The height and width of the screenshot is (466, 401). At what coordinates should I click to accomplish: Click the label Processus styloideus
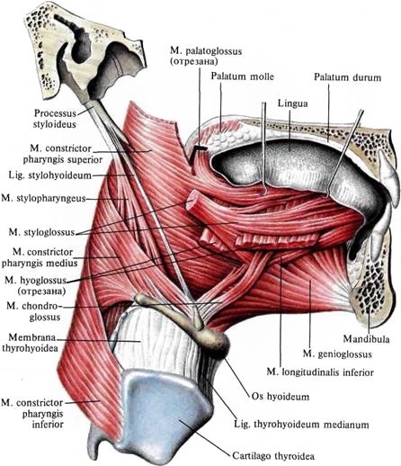pyautogui.click(x=55, y=119)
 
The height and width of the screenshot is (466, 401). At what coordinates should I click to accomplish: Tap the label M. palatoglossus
pyautogui.click(x=206, y=51)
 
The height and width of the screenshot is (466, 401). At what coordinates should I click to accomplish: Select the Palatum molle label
pyautogui.click(x=242, y=76)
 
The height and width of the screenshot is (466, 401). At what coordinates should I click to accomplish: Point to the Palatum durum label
pyautogui.click(x=347, y=77)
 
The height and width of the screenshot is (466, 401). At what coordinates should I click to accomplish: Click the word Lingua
pyautogui.click(x=292, y=103)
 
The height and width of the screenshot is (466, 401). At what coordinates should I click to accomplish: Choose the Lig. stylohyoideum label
pyautogui.click(x=49, y=175)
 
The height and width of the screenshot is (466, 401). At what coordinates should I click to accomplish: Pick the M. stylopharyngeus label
pyautogui.click(x=43, y=198)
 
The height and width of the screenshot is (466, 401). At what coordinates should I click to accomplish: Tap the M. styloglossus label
pyautogui.click(x=41, y=232)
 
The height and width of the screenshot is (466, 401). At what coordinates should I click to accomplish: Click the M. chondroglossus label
pyautogui.click(x=34, y=311)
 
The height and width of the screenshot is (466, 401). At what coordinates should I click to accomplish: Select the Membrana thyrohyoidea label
pyautogui.click(x=30, y=343)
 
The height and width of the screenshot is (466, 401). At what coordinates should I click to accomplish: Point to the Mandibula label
pyautogui.click(x=366, y=339)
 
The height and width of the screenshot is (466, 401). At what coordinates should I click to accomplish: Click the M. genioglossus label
pyautogui.click(x=337, y=354)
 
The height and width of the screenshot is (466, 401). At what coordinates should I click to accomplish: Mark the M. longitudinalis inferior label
pyautogui.click(x=320, y=372)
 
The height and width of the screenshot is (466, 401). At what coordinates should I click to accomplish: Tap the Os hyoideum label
pyautogui.click(x=281, y=397)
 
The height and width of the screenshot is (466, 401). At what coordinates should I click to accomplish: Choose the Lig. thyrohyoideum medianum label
pyautogui.click(x=301, y=425)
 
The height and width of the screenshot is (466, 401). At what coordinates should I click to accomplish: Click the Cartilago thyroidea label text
pyautogui.click(x=273, y=456)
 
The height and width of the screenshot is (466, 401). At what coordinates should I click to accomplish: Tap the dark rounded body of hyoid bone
pyautogui.click(x=217, y=342)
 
